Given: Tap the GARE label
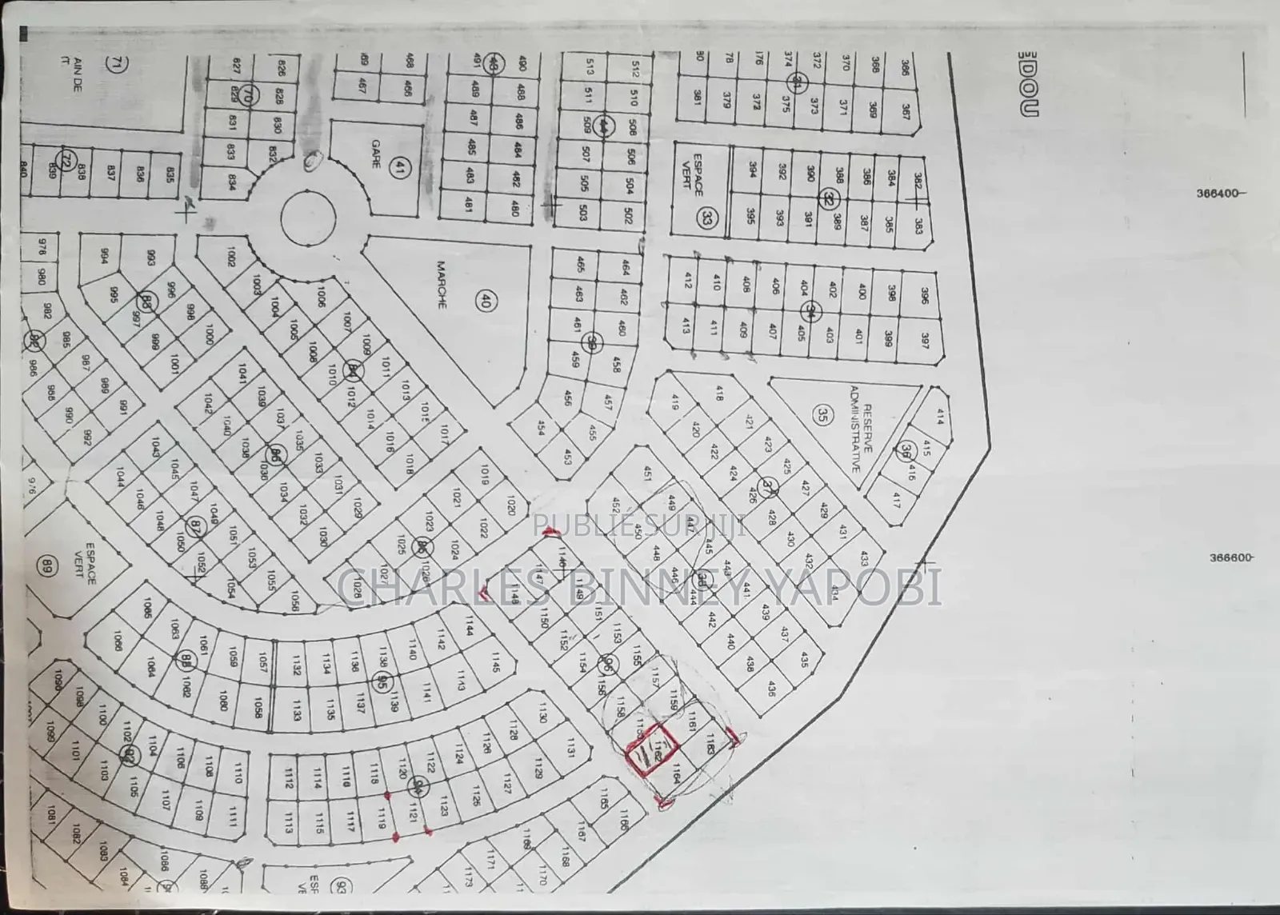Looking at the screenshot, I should click(374, 153).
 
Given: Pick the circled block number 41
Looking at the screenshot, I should click(398, 167).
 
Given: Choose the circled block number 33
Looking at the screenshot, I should click(706, 218).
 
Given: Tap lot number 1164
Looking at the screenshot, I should click(675, 773).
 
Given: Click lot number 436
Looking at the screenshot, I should click(771, 688).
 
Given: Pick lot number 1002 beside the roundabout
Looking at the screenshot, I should click(231, 257).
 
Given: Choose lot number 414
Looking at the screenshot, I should click(939, 416).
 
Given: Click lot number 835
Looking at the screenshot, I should click(169, 174).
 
